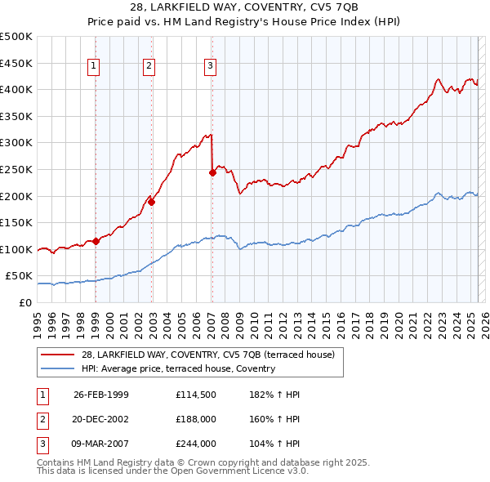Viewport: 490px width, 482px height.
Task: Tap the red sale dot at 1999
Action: (96, 241)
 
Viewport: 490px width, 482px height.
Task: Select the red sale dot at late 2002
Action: (151, 202)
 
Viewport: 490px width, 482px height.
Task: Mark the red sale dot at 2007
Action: (212, 172)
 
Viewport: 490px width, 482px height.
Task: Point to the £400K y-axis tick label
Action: (17, 89)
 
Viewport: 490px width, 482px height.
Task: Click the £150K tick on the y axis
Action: (17, 222)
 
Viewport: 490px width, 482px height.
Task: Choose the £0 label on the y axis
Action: (24, 302)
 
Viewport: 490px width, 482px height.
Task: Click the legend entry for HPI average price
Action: (178, 368)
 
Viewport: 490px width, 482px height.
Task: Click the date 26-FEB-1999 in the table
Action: (101, 395)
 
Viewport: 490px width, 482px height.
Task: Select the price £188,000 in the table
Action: (196, 419)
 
